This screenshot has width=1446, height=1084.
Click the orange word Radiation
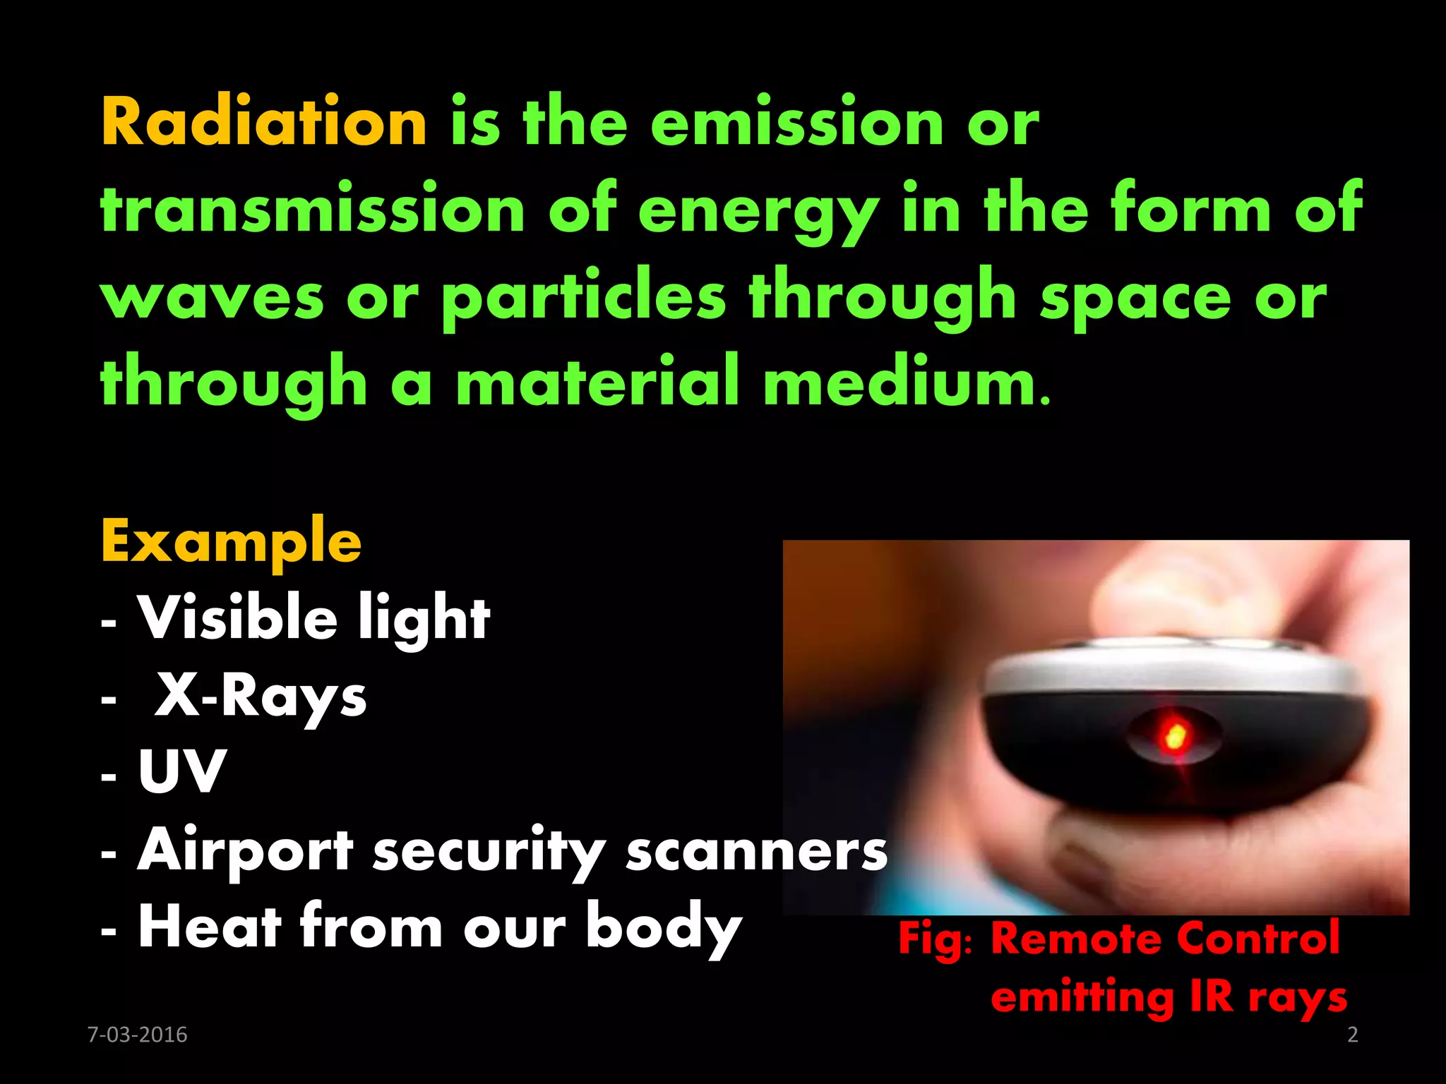[x=264, y=122]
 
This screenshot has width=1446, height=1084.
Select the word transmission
[x=313, y=210]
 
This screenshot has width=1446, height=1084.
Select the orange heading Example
[x=231, y=542]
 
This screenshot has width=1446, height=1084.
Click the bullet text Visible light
[x=313, y=618]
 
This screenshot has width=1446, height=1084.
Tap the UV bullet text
[x=182, y=771]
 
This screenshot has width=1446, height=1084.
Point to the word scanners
[x=756, y=850]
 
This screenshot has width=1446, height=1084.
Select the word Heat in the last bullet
[x=210, y=927]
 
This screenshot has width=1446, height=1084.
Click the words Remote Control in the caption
[x=1165, y=939]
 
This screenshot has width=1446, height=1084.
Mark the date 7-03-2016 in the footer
[x=137, y=1035]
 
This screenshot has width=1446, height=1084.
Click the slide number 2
[x=1352, y=1035]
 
